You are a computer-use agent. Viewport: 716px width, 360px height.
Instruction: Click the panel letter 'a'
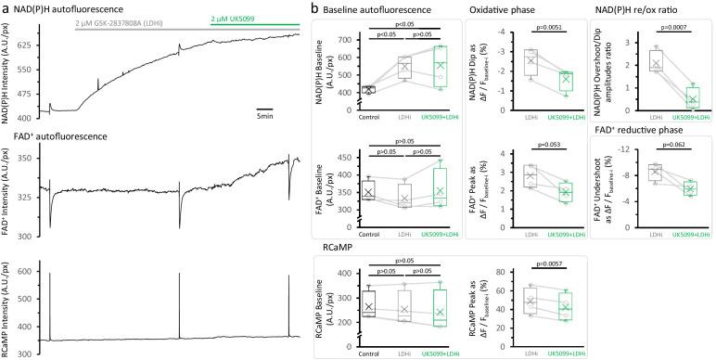point(6,8)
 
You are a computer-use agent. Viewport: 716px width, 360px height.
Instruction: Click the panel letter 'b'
point(315,8)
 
